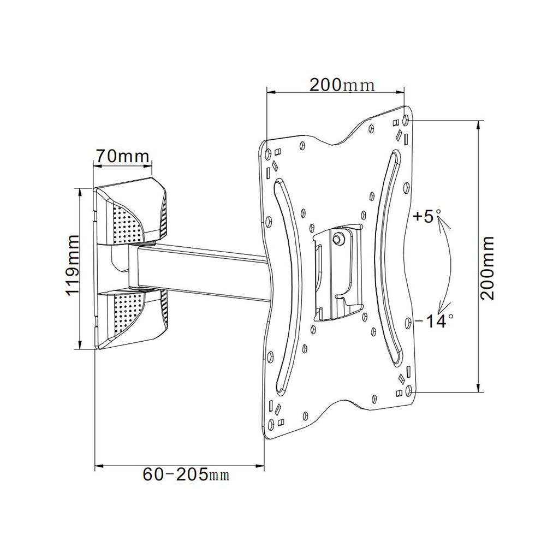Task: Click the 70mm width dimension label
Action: point(122,157)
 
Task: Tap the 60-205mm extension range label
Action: point(186,474)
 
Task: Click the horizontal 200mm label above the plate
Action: point(342,85)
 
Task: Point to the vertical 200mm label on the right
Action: point(487,267)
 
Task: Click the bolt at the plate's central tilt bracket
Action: point(339,238)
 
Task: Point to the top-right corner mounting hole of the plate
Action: point(405,120)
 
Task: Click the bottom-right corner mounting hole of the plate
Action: point(409,390)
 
